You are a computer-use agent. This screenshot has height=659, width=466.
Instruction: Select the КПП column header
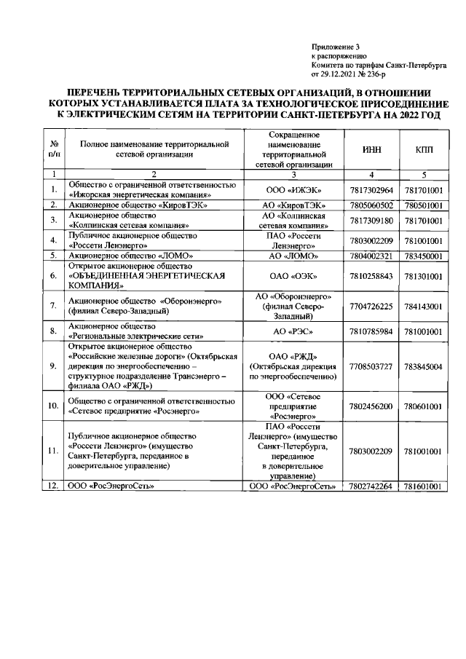pos(423,149)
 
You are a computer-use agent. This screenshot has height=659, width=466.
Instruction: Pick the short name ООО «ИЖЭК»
pos(296,190)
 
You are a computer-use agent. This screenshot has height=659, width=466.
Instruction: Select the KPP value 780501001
pos(423,205)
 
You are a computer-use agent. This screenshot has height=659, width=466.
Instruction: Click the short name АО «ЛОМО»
pos(296,256)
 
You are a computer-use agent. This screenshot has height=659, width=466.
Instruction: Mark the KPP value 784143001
pos(423,307)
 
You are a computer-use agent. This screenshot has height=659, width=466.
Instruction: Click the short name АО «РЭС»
pos(296,332)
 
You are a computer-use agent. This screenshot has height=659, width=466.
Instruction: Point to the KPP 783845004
pos(423,366)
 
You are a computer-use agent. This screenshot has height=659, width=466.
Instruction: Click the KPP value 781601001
pos(423,486)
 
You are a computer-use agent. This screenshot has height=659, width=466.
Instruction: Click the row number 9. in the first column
pos(53,366)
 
